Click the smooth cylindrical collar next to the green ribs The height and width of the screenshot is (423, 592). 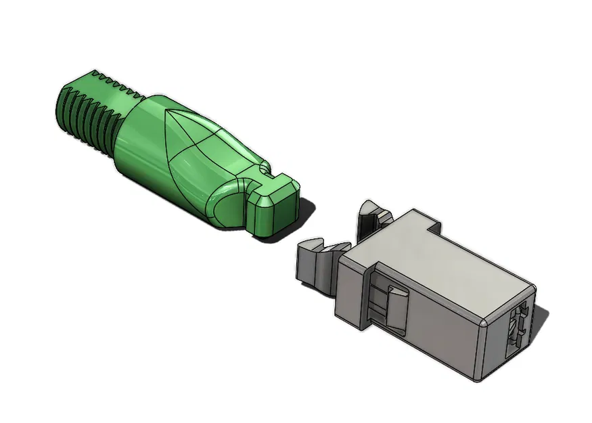pyautogui.click(x=135, y=135)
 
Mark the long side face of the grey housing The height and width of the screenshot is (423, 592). pyautogui.click(x=433, y=325)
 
